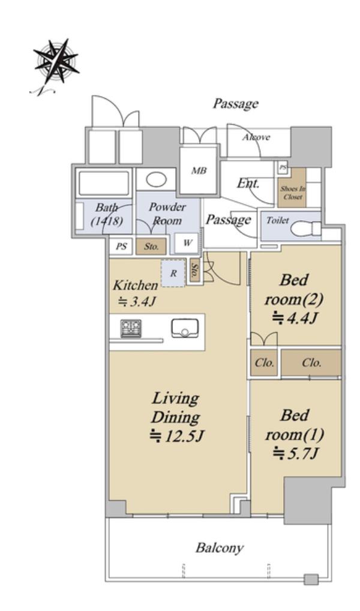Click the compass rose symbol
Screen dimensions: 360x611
[x=56, y=61]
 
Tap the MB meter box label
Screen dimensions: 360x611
[x=199, y=170]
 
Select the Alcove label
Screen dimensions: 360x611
[x=256, y=137]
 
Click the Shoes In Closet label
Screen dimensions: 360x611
[x=293, y=192]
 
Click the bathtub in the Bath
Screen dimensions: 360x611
[x=103, y=183]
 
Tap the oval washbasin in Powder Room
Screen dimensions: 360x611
[x=157, y=180]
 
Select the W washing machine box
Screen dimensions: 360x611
[x=187, y=243]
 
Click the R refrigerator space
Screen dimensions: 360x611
[x=173, y=273]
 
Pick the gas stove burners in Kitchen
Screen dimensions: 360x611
[x=131, y=328]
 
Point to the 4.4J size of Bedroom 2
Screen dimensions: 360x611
[x=295, y=318]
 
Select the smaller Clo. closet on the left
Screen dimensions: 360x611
[x=264, y=363]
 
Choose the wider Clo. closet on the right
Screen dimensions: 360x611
[x=311, y=363]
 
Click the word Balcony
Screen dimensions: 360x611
[x=220, y=548]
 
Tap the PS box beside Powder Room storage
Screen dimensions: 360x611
[x=121, y=246]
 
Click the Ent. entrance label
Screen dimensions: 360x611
[x=248, y=183]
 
